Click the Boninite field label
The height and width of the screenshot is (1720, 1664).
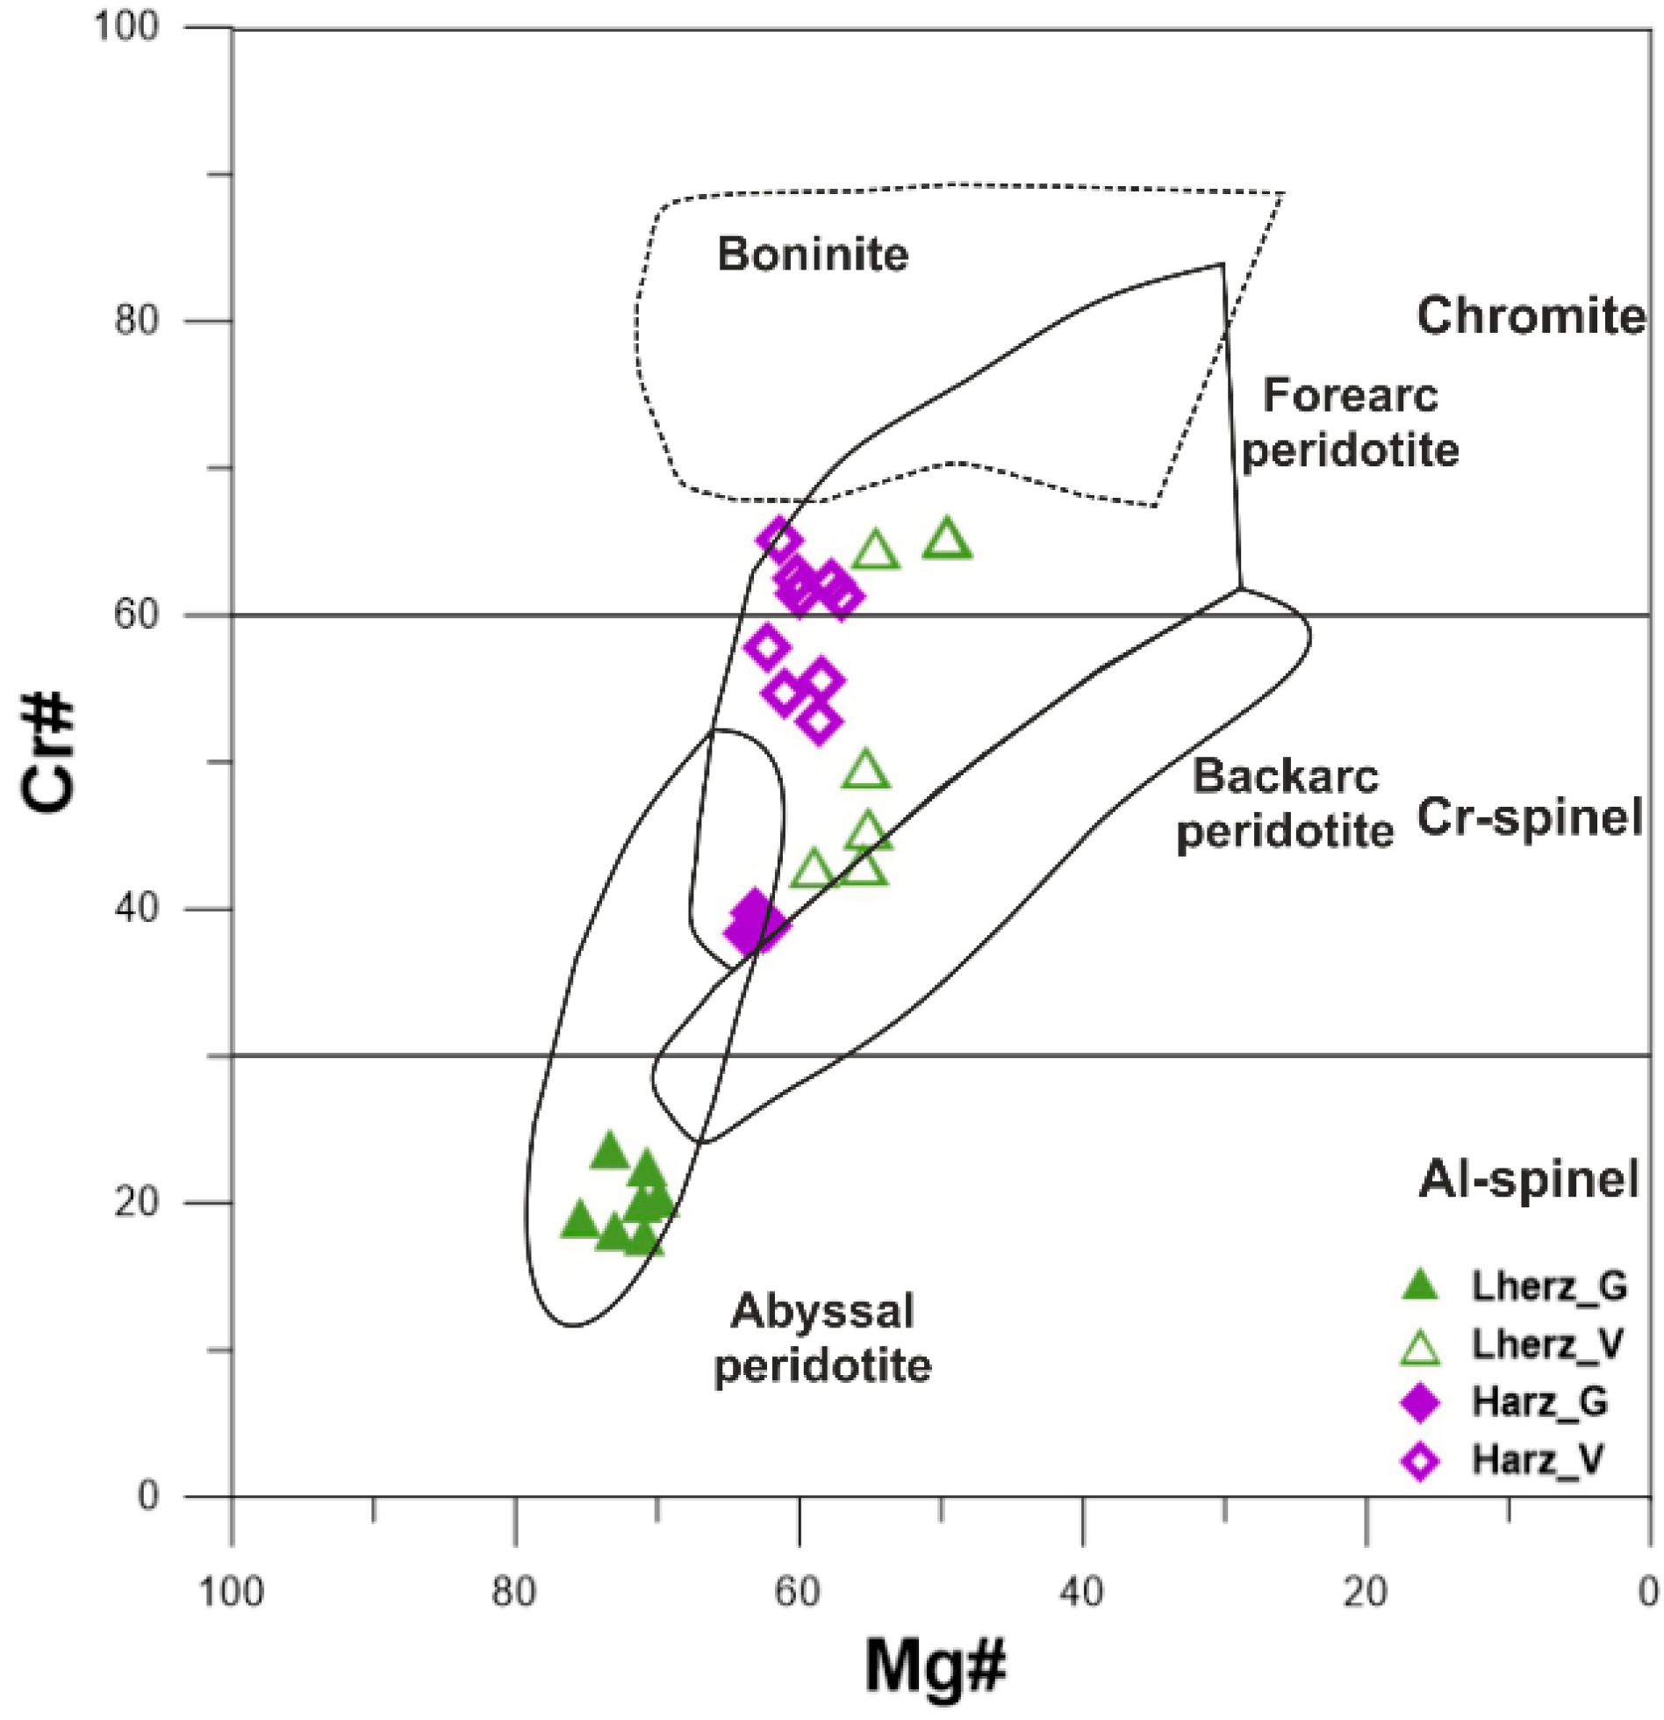pyautogui.click(x=812, y=255)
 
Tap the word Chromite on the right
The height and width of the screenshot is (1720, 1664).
pyautogui.click(x=1530, y=315)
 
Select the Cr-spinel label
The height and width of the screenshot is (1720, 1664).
pyautogui.click(x=1529, y=817)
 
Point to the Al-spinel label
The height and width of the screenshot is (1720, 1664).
pyautogui.click(x=1528, y=1179)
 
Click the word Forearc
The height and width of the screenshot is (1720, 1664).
pyautogui.click(x=1349, y=395)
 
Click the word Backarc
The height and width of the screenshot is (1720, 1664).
pyautogui.click(x=1285, y=776)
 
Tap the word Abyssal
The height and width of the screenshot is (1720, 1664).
pyautogui.click(x=822, y=1311)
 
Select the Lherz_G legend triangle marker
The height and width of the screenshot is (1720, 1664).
pyautogui.click(x=1419, y=1286)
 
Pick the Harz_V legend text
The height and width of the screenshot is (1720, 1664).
pyautogui.click(x=1538, y=1460)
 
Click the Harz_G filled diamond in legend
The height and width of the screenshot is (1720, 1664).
pyautogui.click(x=1419, y=1402)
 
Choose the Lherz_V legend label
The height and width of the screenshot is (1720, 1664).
pyautogui.click(x=1547, y=1344)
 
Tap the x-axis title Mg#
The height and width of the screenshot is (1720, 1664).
pyautogui.click(x=935, y=1666)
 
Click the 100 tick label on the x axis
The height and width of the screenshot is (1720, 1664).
pyautogui.click(x=232, y=1592)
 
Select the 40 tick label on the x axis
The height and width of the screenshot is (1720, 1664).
pyautogui.click(x=1081, y=1592)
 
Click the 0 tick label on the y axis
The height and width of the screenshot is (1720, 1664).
pyautogui.click(x=148, y=1495)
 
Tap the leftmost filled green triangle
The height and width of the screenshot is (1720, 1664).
pyautogui.click(x=579, y=1221)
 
